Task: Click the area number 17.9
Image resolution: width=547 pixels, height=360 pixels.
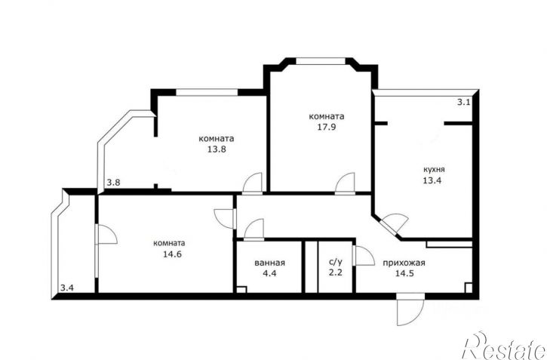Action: click(x=326, y=127)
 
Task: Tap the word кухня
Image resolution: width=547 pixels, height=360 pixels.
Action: click(x=434, y=170)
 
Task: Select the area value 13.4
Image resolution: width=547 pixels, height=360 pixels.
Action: click(x=432, y=180)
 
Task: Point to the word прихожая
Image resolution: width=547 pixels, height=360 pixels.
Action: click(x=404, y=263)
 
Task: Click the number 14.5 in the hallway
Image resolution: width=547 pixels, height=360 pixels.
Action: click(x=404, y=273)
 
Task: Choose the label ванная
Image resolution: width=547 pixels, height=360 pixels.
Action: click(x=269, y=263)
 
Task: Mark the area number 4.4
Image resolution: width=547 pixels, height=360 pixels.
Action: click(x=269, y=273)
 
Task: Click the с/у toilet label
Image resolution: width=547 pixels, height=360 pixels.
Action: click(x=336, y=262)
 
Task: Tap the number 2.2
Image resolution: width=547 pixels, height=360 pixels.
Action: click(x=336, y=272)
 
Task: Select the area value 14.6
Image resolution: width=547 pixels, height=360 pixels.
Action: click(x=172, y=254)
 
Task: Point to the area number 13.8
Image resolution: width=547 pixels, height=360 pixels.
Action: click(x=217, y=149)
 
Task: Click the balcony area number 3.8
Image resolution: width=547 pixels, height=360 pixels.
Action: click(x=113, y=182)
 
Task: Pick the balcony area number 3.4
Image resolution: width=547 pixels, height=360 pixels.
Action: click(x=67, y=288)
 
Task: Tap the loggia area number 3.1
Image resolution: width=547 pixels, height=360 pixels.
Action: click(x=464, y=102)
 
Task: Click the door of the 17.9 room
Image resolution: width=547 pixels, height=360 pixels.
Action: click(x=345, y=183)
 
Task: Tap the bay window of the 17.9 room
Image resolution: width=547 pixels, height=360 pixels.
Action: click(x=321, y=61)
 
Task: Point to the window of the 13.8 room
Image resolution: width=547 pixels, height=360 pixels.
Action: click(x=207, y=92)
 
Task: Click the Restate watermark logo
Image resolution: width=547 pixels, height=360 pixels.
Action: click(x=504, y=346)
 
